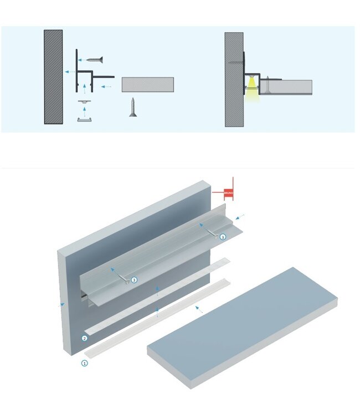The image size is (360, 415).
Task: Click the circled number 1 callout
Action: pyautogui.click(x=84, y=364)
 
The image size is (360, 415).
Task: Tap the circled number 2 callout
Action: pyautogui.click(x=84, y=338)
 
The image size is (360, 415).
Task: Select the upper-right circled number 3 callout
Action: pyautogui.click(x=223, y=237)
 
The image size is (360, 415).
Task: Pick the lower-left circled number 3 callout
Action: pyautogui.click(x=134, y=280)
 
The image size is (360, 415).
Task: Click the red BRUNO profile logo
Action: pyautogui.click(x=228, y=193)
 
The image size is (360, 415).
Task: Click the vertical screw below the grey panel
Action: pyautogui.click(x=133, y=107)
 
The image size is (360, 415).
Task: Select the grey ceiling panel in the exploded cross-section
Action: pyautogui.click(x=148, y=84)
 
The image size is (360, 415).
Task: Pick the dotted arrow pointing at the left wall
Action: pyautogui.click(x=69, y=71)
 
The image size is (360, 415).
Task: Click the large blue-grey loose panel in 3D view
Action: pyautogui.click(x=244, y=326)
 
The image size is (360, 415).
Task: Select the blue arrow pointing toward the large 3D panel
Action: pyautogui.click(x=198, y=309)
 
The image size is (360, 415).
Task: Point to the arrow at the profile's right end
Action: pyautogui.click(x=240, y=215)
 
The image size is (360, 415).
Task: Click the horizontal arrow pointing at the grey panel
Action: pyautogui.click(x=108, y=87)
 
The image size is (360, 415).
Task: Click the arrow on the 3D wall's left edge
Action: pyautogui.click(x=61, y=304)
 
